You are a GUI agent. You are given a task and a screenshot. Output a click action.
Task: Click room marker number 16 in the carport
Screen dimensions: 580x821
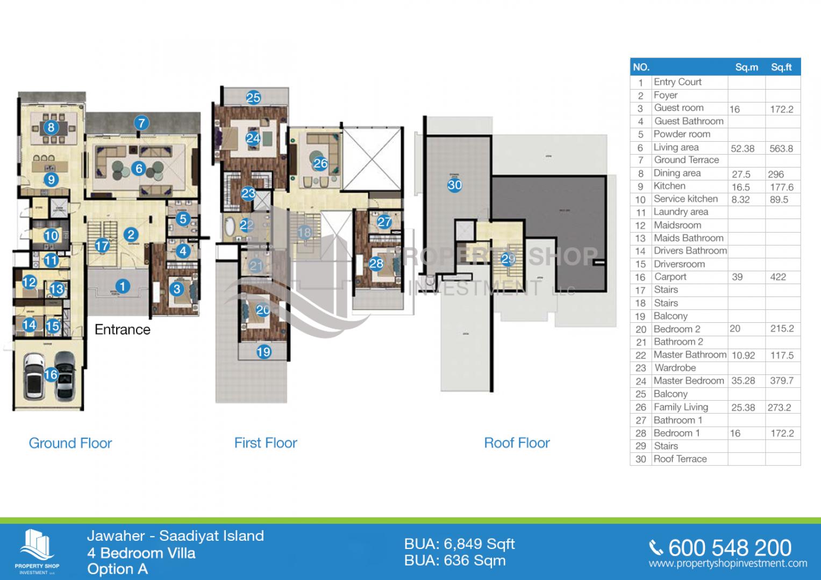pyautogui.click(x=51, y=374)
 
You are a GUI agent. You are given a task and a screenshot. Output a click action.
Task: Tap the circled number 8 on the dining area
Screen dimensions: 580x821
pyautogui.click(x=51, y=127)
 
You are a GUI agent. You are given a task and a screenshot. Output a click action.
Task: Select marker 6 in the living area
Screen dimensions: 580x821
pyautogui.click(x=139, y=169)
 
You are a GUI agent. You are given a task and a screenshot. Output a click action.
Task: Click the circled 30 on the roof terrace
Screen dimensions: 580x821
pyautogui.click(x=455, y=185)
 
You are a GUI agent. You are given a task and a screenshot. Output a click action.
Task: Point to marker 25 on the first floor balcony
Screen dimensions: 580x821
pyautogui.click(x=253, y=98)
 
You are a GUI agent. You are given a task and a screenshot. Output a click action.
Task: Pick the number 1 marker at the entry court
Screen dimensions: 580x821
pyautogui.click(x=123, y=286)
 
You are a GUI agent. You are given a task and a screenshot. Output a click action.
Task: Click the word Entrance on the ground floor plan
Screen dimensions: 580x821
pyautogui.click(x=123, y=329)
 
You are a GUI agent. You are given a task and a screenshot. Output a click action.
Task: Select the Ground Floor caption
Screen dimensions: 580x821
pyautogui.click(x=70, y=443)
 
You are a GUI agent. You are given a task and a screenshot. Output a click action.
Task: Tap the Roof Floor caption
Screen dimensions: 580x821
pyautogui.click(x=517, y=443)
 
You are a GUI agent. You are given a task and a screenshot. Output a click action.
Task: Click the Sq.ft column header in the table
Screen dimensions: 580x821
pyautogui.click(x=781, y=67)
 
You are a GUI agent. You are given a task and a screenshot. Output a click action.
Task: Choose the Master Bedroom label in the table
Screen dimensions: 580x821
pyautogui.click(x=689, y=381)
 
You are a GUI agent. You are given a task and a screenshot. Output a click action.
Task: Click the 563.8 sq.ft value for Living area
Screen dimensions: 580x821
pyautogui.click(x=781, y=149)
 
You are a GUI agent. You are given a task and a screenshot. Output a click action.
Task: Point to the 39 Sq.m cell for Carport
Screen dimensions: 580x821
pyautogui.click(x=737, y=277)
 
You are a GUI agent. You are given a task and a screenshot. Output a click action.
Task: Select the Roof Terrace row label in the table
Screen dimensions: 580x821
pyautogui.click(x=680, y=459)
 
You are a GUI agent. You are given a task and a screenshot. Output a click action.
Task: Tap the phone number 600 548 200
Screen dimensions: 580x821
pyautogui.click(x=730, y=548)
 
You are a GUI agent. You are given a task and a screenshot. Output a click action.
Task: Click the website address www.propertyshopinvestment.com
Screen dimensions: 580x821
pyautogui.click(x=728, y=563)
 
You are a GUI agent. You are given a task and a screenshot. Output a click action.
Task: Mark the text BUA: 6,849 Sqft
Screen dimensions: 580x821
pyautogui.click(x=460, y=544)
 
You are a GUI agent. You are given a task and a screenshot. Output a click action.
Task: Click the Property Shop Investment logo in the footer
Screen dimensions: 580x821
pyautogui.click(x=37, y=551)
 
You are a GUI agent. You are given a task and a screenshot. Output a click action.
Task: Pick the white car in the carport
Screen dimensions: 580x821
pyautogui.click(x=33, y=374)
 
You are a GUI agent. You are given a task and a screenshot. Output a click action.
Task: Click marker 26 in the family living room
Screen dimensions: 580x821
pyautogui.click(x=320, y=163)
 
